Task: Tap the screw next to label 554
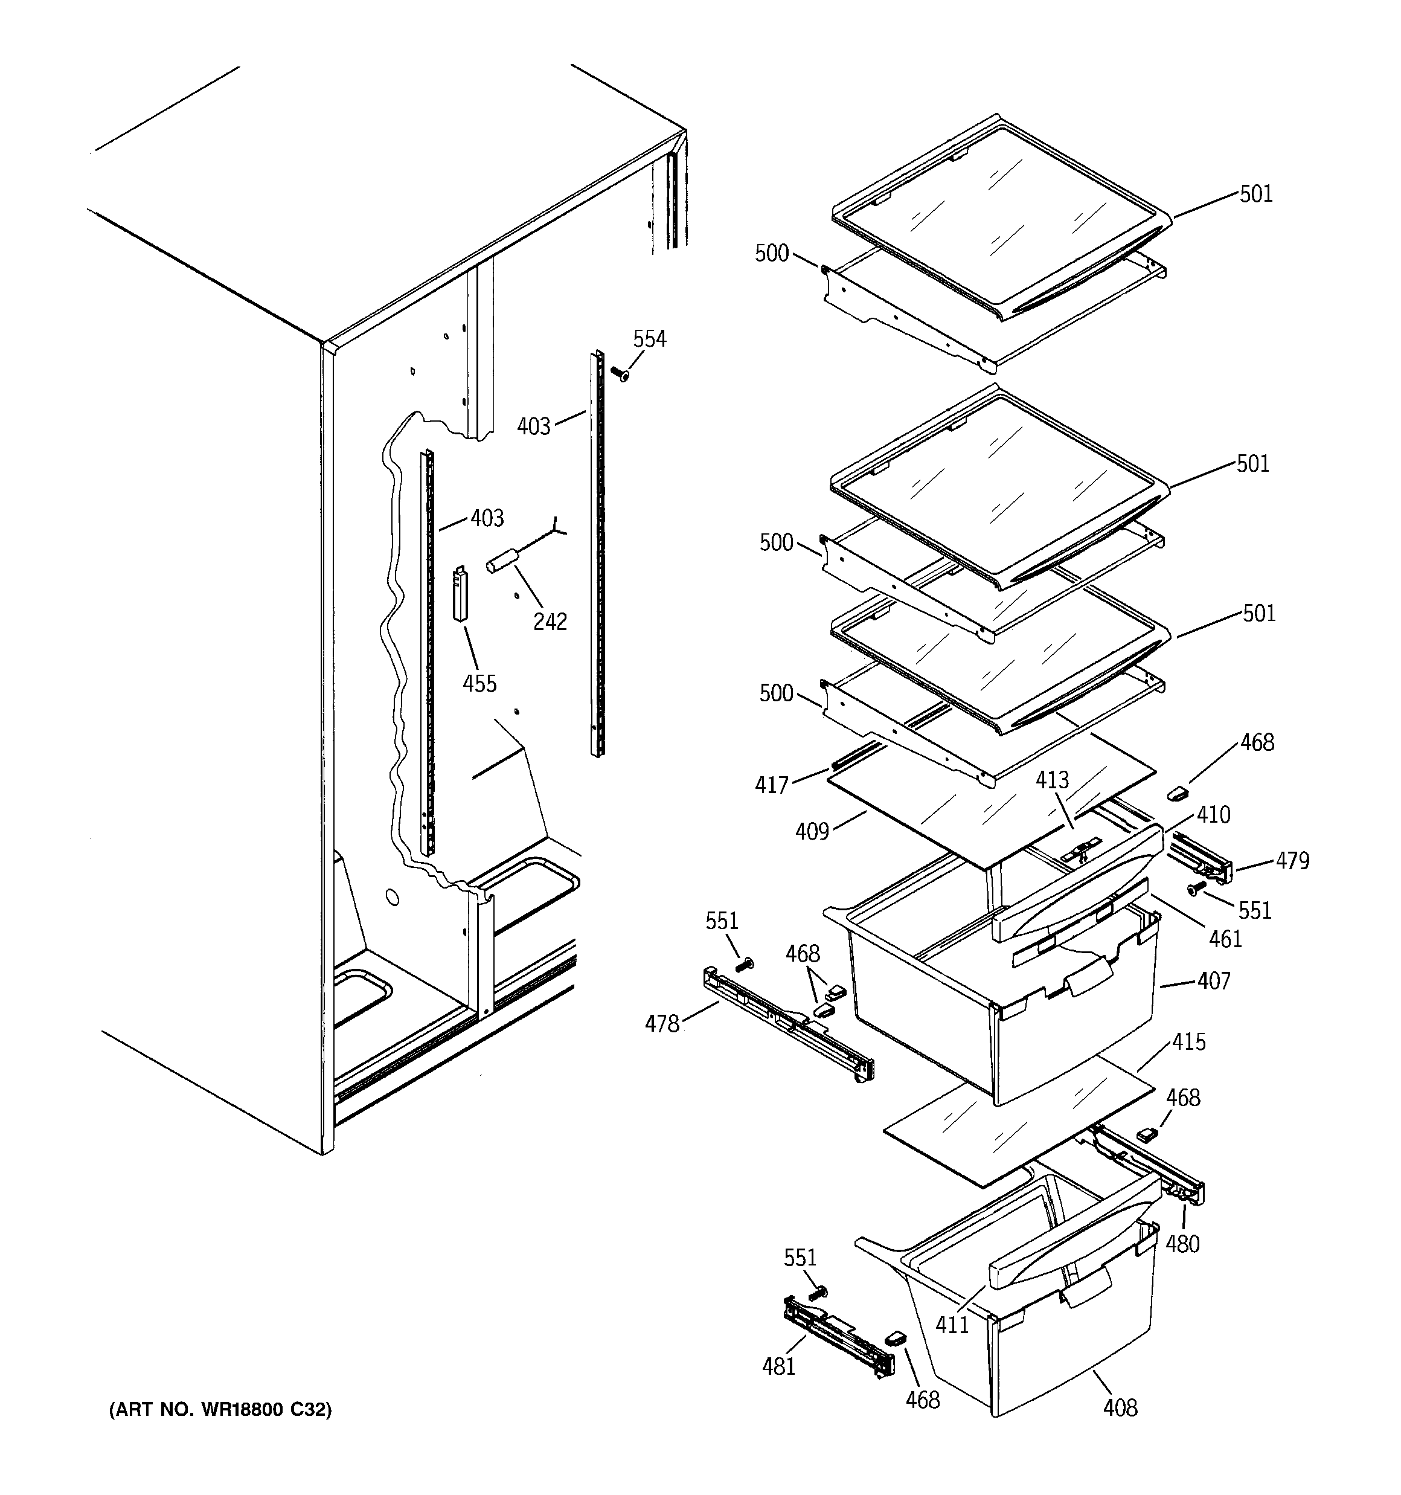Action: point(620,373)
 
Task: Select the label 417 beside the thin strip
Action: point(772,785)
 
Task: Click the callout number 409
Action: point(812,831)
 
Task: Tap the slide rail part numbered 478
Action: point(786,1026)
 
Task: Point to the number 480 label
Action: point(1182,1244)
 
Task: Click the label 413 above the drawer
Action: point(1051,780)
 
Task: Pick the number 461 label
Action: point(1225,939)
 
